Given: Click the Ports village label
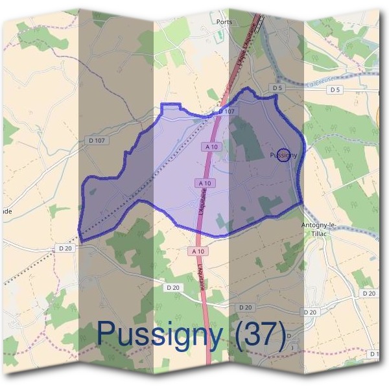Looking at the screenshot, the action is [224, 21].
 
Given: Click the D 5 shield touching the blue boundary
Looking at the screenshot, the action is [278, 88].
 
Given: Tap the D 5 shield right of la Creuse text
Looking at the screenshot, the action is [335, 90].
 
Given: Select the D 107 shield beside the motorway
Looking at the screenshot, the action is [226, 112].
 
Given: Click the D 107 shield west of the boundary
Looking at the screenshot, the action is [96, 141].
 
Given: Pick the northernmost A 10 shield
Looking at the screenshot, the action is [211, 147].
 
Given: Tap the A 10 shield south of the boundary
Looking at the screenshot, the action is [198, 251].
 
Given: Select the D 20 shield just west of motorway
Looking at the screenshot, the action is [172, 287].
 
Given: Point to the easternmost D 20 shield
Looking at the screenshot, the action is [369, 294].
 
